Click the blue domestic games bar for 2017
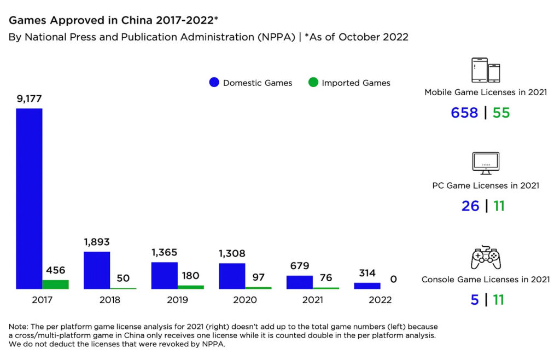[x=29, y=198]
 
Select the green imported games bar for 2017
[x=55, y=284]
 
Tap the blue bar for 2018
[x=97, y=270]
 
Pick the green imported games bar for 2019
[x=191, y=287]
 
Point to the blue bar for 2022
[x=367, y=286]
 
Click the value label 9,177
[x=29, y=99]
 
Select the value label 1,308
[x=232, y=253]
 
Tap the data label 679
[x=300, y=265]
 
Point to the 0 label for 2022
[x=393, y=279]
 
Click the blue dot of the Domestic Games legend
[x=214, y=83]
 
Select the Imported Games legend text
[x=356, y=83]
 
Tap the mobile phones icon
[x=486, y=70]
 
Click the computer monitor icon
[x=486, y=162]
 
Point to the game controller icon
[x=486, y=257]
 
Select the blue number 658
[x=464, y=113]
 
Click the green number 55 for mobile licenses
[x=501, y=113]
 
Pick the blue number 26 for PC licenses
[x=470, y=206]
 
